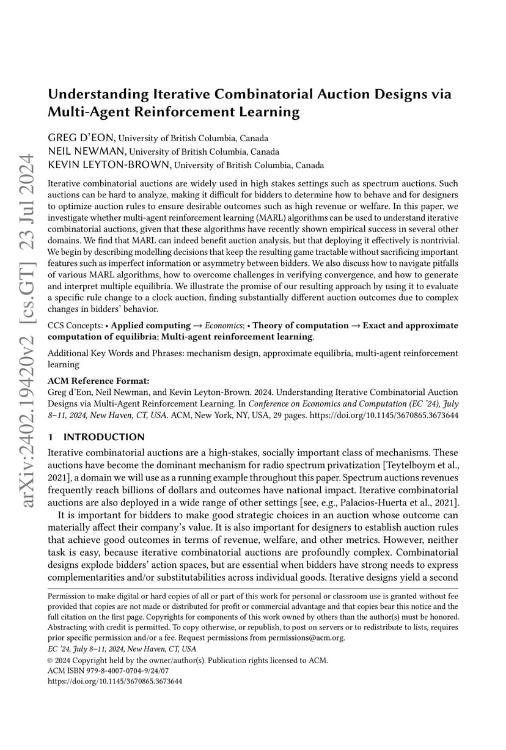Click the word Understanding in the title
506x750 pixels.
tap(98, 95)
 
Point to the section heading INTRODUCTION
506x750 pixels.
tap(105, 437)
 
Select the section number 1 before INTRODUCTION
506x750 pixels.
tap(50, 437)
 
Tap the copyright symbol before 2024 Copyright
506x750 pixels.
tap(50, 661)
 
